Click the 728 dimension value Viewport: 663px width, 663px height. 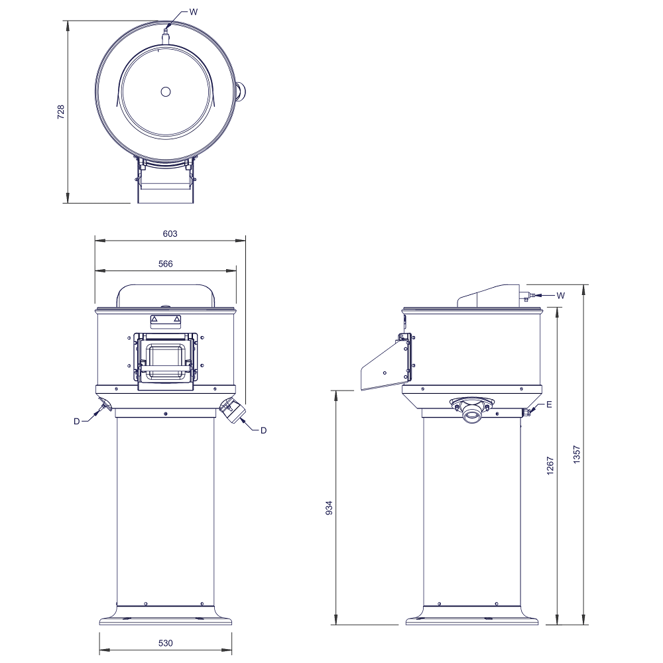pos(61,111)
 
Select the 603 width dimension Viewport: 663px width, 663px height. pos(170,233)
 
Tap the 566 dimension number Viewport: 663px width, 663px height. pos(165,264)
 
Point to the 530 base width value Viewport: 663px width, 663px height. pos(165,643)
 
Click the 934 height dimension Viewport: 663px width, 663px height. pos(330,508)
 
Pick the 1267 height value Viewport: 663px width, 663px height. pos(550,465)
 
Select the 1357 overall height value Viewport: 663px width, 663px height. pos(577,455)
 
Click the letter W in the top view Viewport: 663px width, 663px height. pos(193,12)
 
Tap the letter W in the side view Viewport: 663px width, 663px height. pos(561,296)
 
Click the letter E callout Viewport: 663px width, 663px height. pos(549,404)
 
